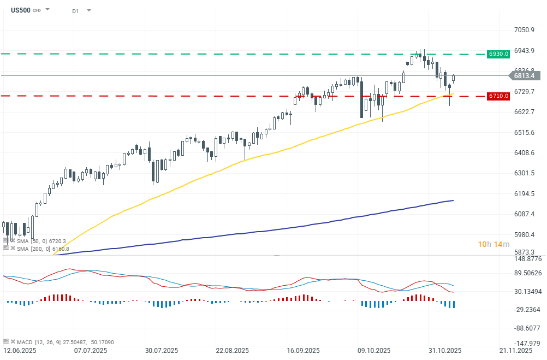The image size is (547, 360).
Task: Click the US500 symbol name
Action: [20, 10]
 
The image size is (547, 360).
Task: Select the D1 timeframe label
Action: [76, 10]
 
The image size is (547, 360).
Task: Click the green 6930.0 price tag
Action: [499, 54]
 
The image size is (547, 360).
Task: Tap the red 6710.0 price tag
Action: [499, 96]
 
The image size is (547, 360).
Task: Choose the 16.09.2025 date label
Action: [302, 350]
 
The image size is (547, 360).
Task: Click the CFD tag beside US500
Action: [37, 10]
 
